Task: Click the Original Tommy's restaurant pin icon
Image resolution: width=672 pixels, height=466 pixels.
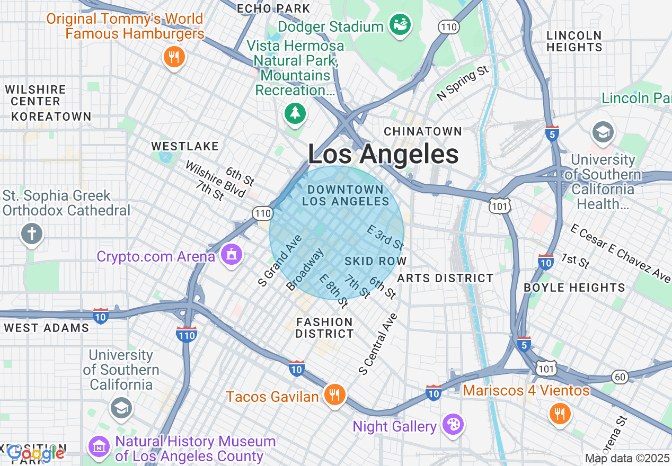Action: point(173,56)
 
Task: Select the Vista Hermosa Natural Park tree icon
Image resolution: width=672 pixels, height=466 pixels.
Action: point(295,113)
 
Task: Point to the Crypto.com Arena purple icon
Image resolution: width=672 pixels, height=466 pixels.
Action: point(231,256)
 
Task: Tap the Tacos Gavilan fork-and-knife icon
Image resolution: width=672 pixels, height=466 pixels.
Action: point(334,395)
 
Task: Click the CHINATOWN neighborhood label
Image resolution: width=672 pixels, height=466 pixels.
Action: point(423,131)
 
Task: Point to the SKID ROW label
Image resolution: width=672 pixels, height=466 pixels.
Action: point(375,261)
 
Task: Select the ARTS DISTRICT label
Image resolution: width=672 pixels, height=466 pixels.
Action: point(445,278)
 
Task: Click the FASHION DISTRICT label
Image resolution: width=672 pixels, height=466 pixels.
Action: point(324,328)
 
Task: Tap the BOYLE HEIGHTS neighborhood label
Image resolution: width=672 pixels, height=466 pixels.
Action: point(574,288)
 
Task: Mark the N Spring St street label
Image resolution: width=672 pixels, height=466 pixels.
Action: point(462,83)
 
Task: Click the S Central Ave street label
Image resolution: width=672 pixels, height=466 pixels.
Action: point(377,345)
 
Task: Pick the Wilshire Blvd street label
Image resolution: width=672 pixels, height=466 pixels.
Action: point(215,178)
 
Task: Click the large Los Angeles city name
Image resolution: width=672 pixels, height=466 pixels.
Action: point(383,155)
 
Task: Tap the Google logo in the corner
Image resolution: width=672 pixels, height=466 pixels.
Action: point(36,453)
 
